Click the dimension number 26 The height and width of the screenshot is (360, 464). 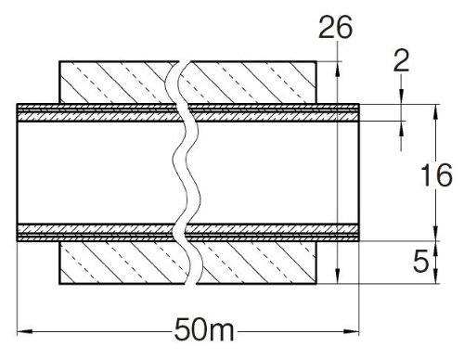point(336,28)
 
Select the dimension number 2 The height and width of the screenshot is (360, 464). point(401,60)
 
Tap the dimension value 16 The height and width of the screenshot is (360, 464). point(437,175)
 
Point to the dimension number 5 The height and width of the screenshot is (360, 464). point(421,261)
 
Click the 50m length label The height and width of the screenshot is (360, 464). point(204,329)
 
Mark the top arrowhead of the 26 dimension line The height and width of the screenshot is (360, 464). point(338,69)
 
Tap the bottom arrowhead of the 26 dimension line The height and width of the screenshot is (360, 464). point(338,276)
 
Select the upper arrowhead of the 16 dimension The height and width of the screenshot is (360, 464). point(436,112)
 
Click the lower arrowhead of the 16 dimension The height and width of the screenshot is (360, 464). point(436,233)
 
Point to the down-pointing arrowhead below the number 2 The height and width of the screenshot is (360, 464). point(401,96)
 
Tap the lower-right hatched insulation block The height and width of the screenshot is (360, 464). point(257,263)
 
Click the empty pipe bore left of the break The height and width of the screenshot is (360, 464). point(96,173)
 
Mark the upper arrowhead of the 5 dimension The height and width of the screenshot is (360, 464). point(436,249)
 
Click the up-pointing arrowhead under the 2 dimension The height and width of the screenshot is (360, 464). point(401,128)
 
